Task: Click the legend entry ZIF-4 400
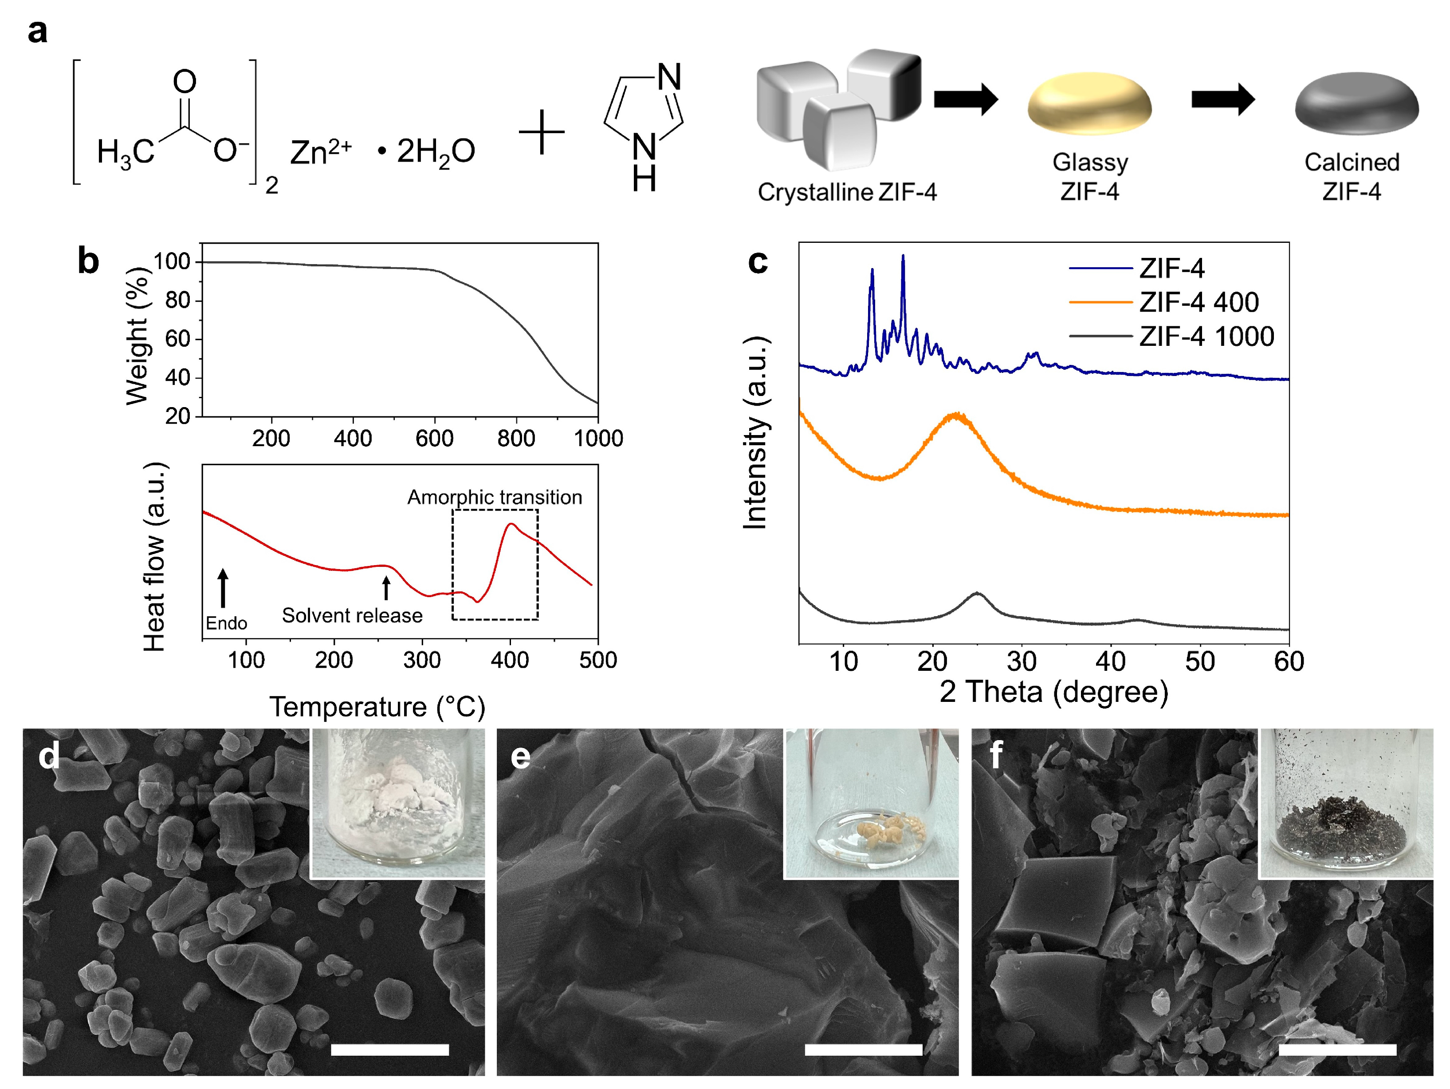[1199, 302]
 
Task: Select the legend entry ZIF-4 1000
[1206, 337]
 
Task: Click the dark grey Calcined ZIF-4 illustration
[1356, 103]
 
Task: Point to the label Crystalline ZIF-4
[847, 192]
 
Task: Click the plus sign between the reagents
[542, 132]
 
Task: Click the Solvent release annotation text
[352, 615]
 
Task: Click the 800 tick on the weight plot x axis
[516, 438]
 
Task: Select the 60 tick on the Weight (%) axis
[177, 339]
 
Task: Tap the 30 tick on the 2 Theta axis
[1021, 661]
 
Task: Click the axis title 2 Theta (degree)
[1053, 692]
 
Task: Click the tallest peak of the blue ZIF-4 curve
[903, 257]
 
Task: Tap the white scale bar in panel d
[389, 1049]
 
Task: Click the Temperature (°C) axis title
[377, 707]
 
